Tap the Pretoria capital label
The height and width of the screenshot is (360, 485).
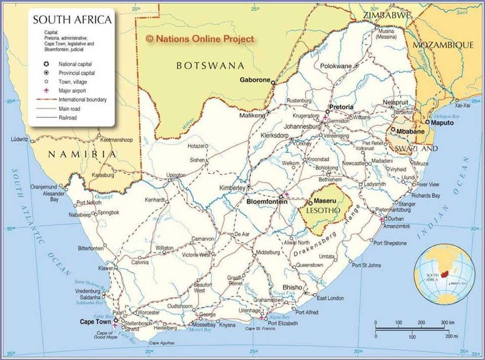[x=341, y=107]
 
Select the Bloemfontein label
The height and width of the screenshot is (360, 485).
[x=267, y=202]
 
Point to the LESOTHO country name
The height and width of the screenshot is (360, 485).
[x=323, y=211]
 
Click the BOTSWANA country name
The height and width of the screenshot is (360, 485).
[x=210, y=66]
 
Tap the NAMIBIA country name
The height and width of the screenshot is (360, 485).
[x=82, y=154]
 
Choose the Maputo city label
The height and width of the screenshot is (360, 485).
[x=442, y=123]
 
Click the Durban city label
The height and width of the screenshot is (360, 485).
[x=396, y=219]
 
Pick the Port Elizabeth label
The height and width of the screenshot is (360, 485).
[x=283, y=323]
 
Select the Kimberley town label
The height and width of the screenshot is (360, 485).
[x=233, y=188]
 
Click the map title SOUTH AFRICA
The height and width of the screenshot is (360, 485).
[x=72, y=19]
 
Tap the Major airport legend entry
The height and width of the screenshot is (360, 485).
[x=72, y=91]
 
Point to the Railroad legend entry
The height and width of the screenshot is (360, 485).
[x=68, y=117]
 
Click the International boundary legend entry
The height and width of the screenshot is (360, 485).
[x=82, y=100]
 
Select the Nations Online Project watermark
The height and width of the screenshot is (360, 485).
[x=200, y=39]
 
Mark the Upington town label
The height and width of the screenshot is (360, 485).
[x=176, y=175]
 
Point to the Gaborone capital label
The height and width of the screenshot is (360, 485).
[x=255, y=80]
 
